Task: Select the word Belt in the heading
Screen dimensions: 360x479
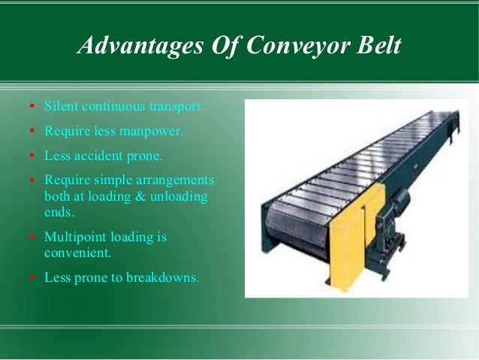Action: point(378,47)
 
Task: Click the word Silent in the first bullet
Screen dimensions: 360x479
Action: point(59,106)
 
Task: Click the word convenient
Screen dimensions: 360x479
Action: point(76,252)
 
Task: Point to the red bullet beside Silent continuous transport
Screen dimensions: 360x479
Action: point(32,106)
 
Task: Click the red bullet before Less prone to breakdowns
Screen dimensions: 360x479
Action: point(32,277)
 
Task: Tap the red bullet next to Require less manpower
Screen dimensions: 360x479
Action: point(32,131)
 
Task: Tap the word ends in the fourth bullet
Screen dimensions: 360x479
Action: point(59,212)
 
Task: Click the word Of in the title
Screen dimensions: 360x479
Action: point(218,47)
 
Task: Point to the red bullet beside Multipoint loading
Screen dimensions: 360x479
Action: point(32,237)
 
